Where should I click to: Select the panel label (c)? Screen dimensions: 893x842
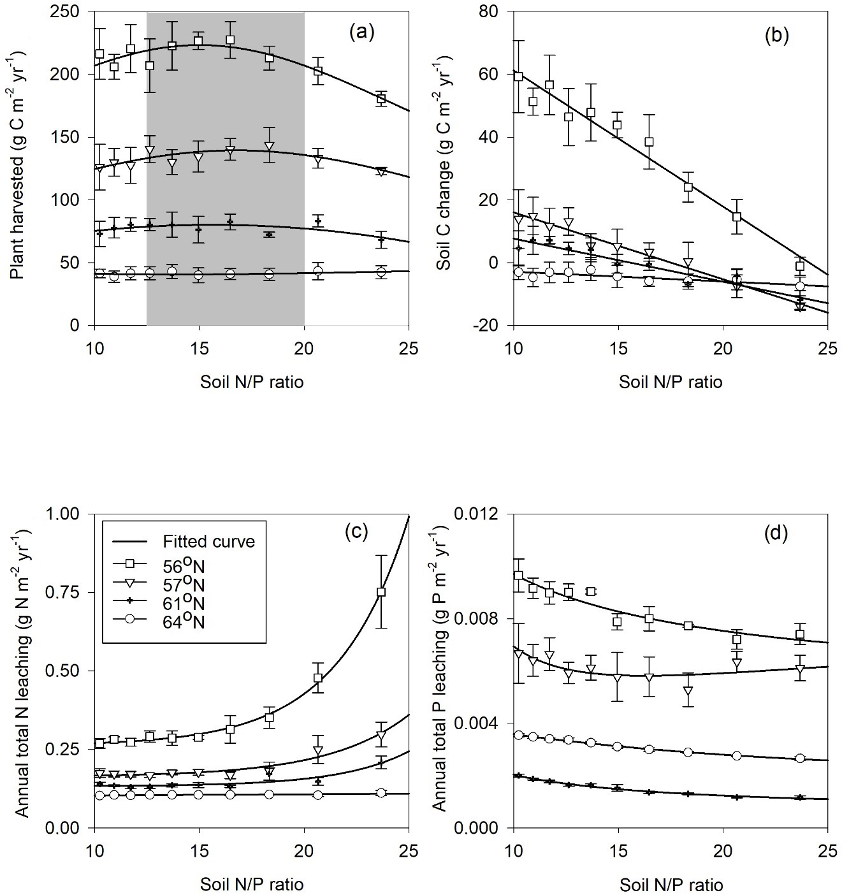coord(356,532)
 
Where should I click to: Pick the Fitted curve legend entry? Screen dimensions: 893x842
coord(207,542)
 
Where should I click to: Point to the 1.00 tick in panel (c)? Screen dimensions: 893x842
coord(71,514)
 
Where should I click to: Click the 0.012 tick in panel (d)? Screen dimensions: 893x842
coord(485,514)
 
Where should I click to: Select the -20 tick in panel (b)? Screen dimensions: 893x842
coord(494,326)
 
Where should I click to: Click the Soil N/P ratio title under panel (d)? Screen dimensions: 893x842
coord(671,885)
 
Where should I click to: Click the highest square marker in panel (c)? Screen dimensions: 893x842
coord(381,592)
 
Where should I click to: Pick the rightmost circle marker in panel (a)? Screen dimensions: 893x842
coord(381,272)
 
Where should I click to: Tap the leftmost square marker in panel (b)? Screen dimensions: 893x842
coord(518,76)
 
